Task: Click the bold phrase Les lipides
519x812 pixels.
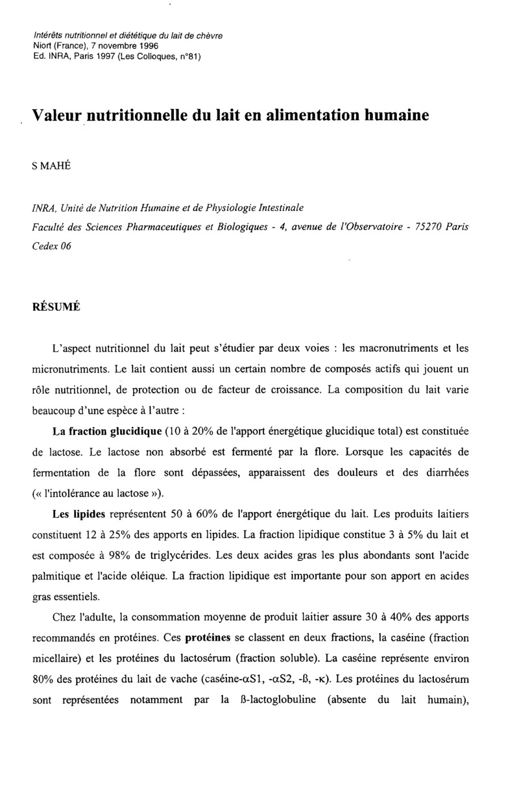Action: [x=78, y=514]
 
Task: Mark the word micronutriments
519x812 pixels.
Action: [x=71, y=370]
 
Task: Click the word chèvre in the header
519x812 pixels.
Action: [x=208, y=36]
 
